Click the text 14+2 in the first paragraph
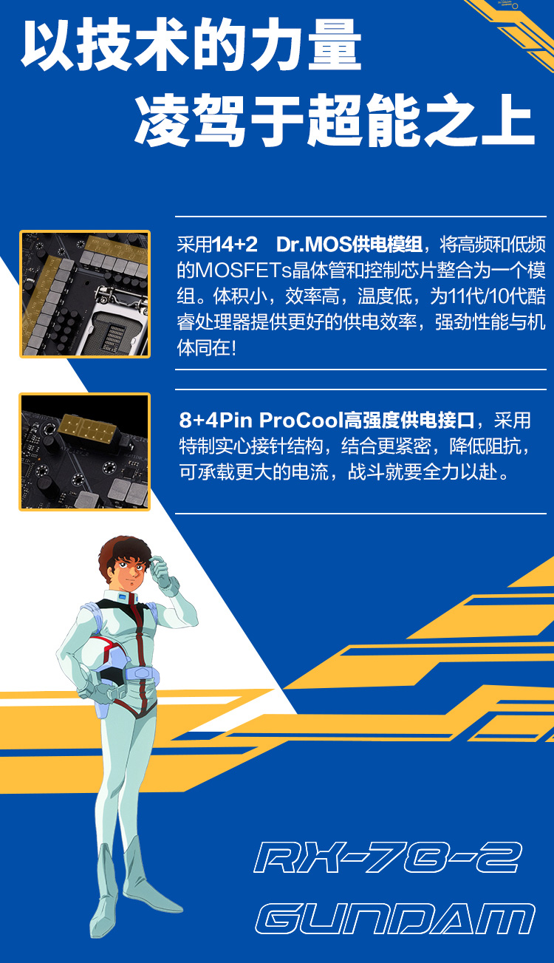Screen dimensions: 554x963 tap(235, 244)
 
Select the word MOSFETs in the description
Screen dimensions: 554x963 tap(243, 270)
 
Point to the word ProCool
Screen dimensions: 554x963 tap(301, 420)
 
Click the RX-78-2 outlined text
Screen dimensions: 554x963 tap(388, 857)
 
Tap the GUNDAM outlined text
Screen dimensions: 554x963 tap(395, 919)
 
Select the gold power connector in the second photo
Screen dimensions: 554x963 tap(89, 427)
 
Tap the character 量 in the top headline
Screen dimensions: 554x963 tap(335, 44)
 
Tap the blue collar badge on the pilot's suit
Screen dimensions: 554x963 tap(123, 597)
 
